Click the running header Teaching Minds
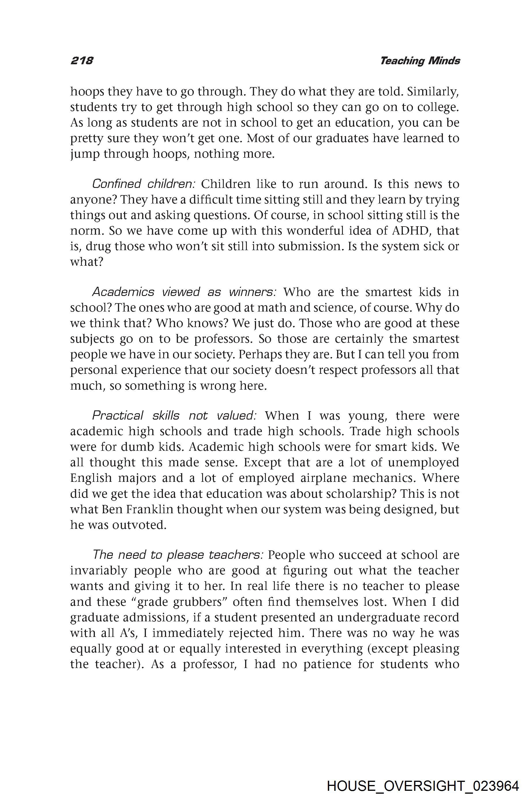point(420,61)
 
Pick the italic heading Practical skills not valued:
point(174,416)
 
